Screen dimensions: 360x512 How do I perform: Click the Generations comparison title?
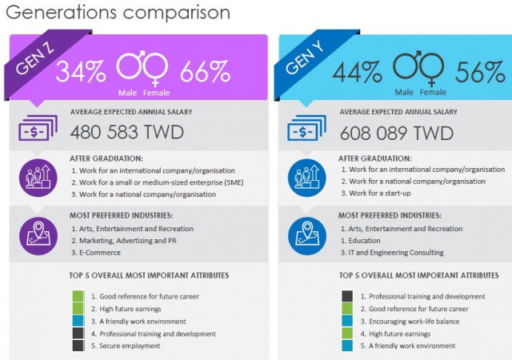click(x=117, y=13)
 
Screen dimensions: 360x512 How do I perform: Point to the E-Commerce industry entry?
click(x=100, y=252)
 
